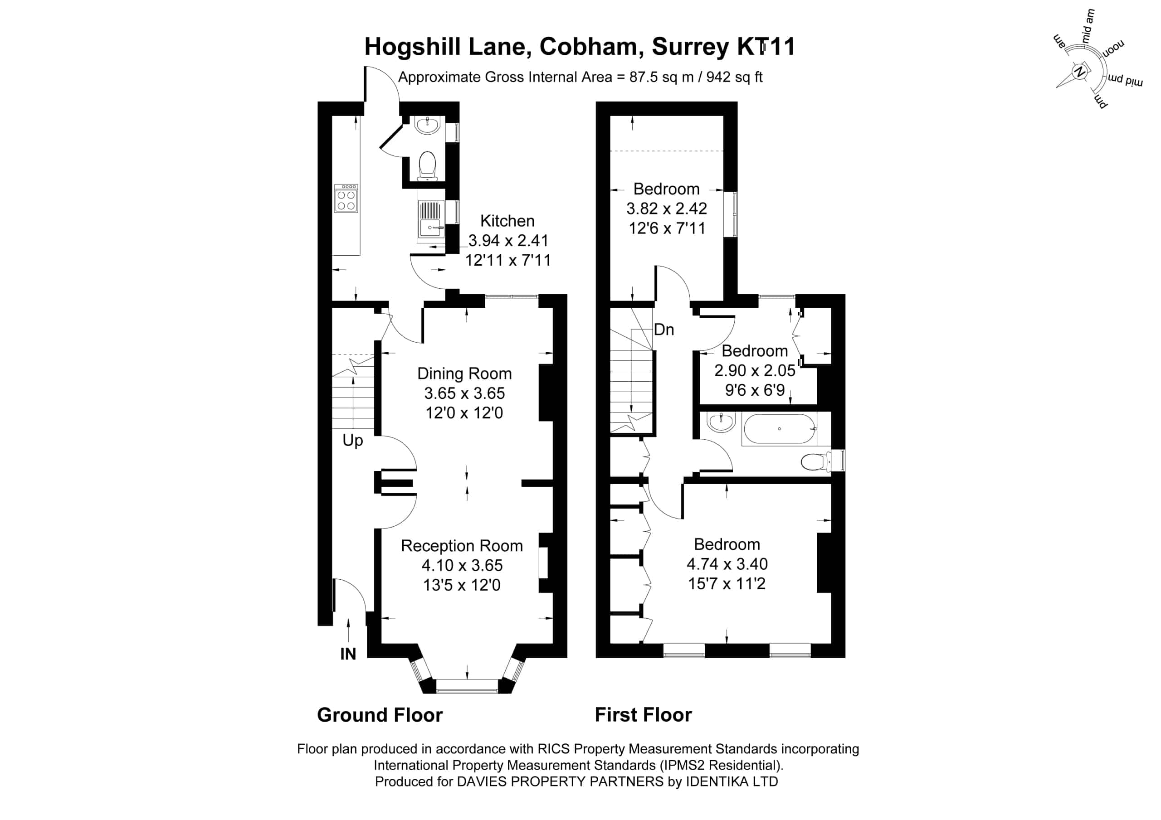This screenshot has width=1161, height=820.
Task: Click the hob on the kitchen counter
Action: [x=346, y=198]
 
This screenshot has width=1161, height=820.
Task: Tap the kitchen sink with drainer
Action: [x=431, y=219]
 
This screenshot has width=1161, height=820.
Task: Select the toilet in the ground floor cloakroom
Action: [x=427, y=166]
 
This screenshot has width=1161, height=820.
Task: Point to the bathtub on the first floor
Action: [x=779, y=429]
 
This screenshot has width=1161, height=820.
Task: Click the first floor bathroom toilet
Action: [x=815, y=461]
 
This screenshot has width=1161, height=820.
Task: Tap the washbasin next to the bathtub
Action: [x=721, y=422]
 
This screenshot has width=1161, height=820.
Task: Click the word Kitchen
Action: [x=507, y=221]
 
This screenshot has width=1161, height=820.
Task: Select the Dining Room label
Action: [x=464, y=374]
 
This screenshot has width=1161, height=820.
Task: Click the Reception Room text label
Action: [x=462, y=546]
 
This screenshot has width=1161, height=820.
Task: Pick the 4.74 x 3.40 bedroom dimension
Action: [x=727, y=564]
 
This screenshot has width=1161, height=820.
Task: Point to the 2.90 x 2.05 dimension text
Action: [x=755, y=371]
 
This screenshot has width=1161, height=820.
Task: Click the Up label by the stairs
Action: [x=352, y=440]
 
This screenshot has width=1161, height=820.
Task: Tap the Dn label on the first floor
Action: [x=664, y=330]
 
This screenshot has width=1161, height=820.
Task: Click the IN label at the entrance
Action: [x=348, y=654]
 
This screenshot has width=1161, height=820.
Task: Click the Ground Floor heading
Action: [x=380, y=715]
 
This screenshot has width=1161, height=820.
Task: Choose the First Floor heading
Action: [x=643, y=715]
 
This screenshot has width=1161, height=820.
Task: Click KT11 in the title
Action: [x=766, y=47]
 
